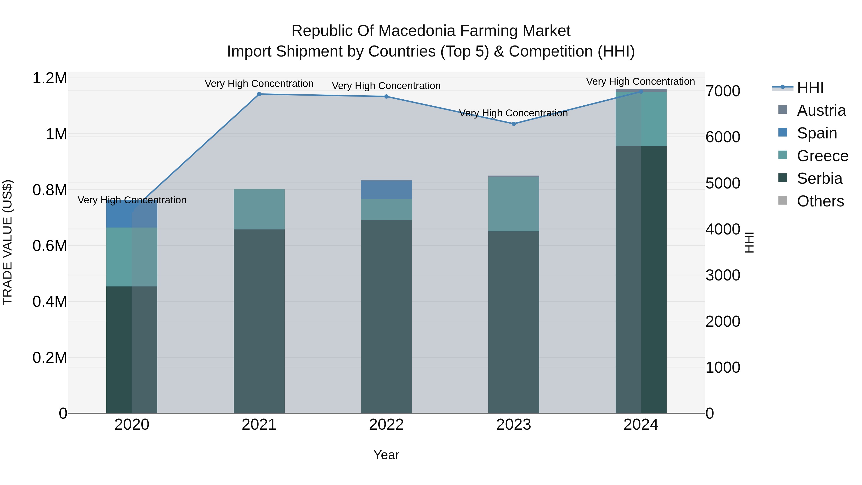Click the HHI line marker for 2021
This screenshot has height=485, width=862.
pos(259,94)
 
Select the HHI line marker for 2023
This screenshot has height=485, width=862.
pos(514,124)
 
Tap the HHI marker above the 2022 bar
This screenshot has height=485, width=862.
pos(386,96)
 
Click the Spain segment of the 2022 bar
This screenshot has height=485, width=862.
pos(386,189)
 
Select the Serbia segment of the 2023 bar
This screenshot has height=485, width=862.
pos(514,321)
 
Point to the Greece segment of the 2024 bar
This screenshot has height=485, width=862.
pos(641,119)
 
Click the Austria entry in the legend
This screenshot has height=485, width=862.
pos(821,110)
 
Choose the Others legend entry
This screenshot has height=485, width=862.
pos(820,201)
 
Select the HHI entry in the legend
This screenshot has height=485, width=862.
pos(810,88)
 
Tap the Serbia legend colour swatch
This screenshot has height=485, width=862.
pos(783,178)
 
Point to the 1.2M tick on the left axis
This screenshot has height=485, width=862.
pos(50,78)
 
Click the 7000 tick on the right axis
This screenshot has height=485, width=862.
pos(723,91)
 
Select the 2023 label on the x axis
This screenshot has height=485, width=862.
pos(514,425)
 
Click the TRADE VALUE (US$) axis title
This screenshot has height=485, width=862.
pos(7,243)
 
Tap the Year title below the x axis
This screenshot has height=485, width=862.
pos(386,455)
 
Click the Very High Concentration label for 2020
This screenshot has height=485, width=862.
pos(132,200)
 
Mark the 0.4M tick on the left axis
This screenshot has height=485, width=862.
pos(50,302)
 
